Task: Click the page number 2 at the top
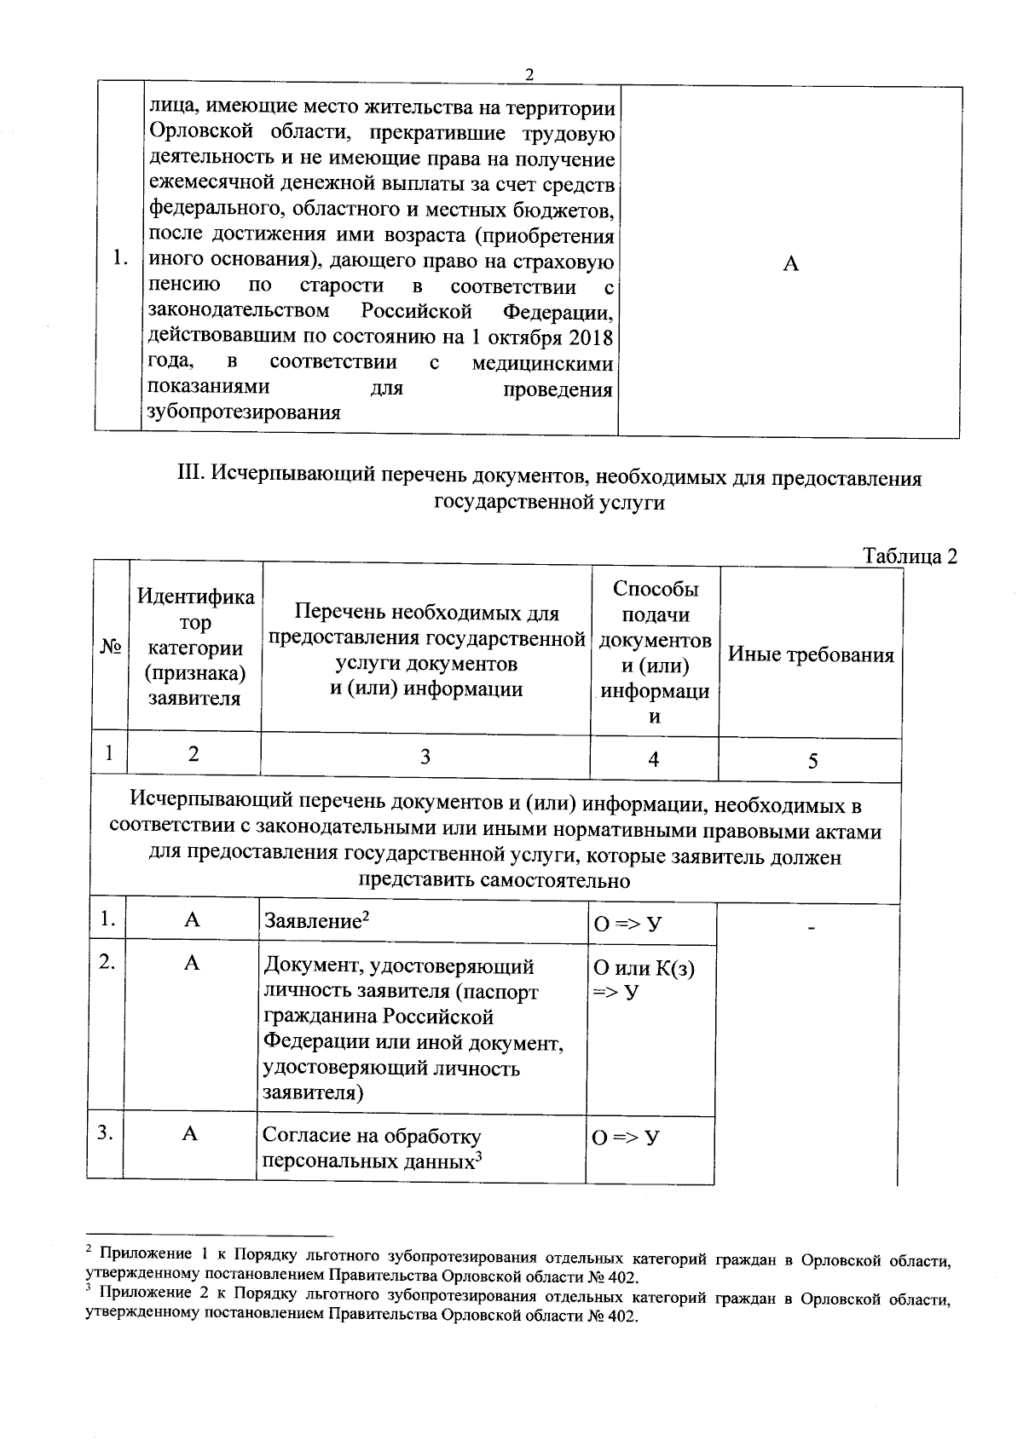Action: point(529,75)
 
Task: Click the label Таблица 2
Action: point(910,556)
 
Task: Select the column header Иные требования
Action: point(810,654)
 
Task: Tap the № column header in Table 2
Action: point(110,648)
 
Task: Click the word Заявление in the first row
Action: point(310,922)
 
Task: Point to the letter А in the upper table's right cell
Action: point(790,264)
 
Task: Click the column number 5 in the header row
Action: point(812,761)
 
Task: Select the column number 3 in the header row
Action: point(425,757)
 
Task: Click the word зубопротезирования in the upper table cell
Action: point(244,413)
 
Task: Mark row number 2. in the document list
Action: point(107,962)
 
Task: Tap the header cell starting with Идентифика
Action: point(195,648)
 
